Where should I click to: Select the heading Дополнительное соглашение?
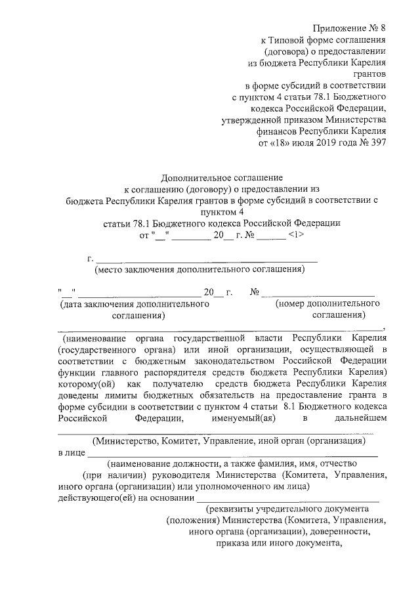point(222,177)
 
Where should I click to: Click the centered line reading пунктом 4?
point(222,211)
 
